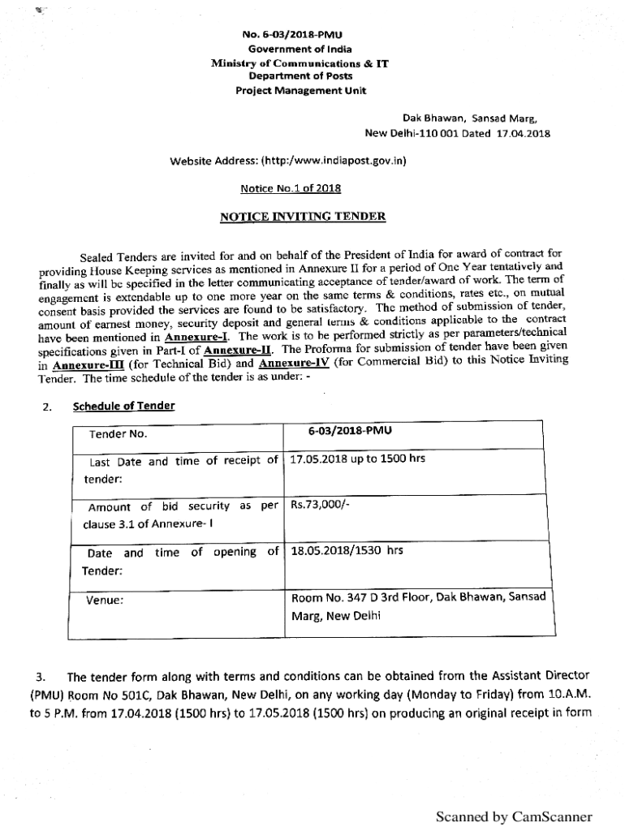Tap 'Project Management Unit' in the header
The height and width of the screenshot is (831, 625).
[301, 90]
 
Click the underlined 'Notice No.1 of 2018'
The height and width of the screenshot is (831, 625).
[291, 188]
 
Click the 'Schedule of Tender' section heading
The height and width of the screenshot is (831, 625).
[123, 406]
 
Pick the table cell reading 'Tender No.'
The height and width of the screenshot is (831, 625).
[118, 434]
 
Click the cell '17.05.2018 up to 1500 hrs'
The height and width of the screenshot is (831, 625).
[358, 459]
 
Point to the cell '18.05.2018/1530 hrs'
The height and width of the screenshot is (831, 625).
[347, 551]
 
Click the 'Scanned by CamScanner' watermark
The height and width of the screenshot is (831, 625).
[514, 816]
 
